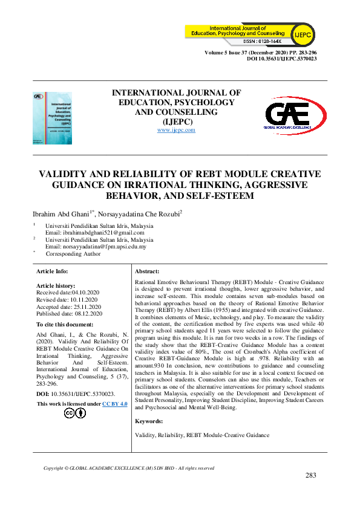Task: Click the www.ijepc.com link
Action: click(176, 130)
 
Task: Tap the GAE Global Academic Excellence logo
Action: click(296, 115)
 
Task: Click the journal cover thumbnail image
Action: click(52, 118)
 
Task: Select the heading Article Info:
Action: click(53, 272)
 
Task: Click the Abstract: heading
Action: click(147, 272)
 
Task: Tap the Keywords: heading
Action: click(149, 421)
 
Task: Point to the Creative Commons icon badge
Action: click(75, 413)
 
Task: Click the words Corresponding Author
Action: click(74, 254)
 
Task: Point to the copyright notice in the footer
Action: click(129, 468)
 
